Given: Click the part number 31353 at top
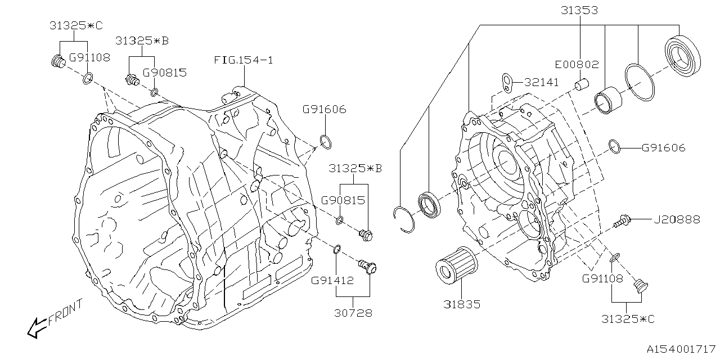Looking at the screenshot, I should [x=579, y=10].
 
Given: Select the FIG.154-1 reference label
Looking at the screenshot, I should [x=243, y=60].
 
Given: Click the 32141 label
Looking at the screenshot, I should [x=541, y=82].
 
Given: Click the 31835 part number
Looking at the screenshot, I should [x=461, y=304].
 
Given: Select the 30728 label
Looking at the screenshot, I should [x=353, y=313].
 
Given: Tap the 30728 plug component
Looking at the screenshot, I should [x=367, y=267].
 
